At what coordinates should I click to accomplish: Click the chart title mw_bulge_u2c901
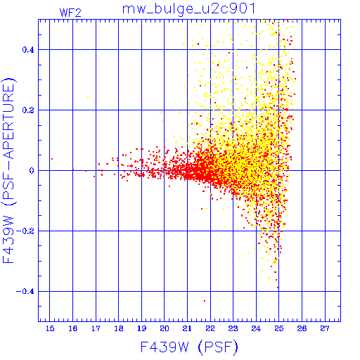point(188,9)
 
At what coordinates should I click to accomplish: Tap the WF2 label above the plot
point(70,13)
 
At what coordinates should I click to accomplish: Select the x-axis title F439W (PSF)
point(189,347)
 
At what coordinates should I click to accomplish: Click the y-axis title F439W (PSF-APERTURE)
point(9,171)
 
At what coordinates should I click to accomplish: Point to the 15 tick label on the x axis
point(50,328)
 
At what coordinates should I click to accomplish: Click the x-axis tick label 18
point(119,328)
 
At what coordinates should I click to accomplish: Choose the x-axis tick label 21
point(187,328)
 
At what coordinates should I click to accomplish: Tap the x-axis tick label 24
point(256,328)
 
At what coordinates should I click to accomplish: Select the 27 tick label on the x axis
point(325,328)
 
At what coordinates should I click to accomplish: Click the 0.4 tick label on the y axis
point(28,50)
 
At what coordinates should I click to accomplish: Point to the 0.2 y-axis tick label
point(28,110)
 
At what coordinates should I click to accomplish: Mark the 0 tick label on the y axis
point(32,171)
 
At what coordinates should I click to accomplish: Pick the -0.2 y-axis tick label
point(25,231)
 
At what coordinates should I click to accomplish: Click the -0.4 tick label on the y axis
point(25,292)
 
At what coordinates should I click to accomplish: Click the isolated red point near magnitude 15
point(52,159)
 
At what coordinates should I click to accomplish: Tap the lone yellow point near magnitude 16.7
point(88,97)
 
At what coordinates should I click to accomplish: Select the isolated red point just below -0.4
point(205,301)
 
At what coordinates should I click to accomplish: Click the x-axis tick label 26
point(302,328)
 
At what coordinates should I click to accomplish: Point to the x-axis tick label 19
point(141,328)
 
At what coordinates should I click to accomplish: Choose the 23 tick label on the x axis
point(233,328)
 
